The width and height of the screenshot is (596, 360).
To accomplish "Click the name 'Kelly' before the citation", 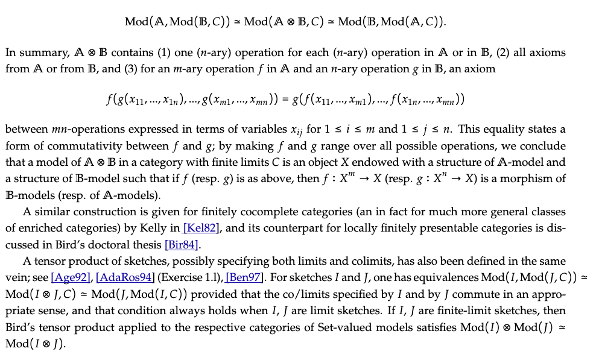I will (x=156, y=229).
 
